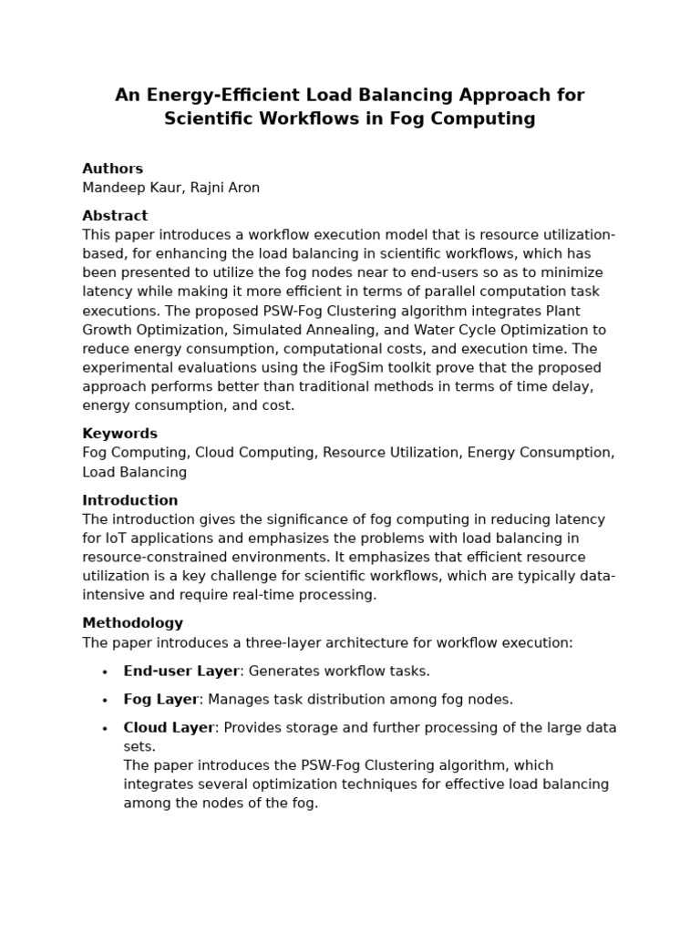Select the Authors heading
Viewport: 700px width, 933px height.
[112, 169]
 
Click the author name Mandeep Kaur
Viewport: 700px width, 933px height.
[131, 188]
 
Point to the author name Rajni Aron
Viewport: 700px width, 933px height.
[225, 188]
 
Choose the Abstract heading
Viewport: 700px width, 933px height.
[115, 216]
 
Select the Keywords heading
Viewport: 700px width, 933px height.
[119, 434]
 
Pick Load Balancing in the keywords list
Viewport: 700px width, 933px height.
[134, 472]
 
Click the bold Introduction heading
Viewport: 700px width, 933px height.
[129, 500]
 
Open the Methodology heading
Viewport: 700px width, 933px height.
[132, 623]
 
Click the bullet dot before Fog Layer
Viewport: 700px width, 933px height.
[105, 701]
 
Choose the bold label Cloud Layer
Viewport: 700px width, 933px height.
[169, 728]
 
